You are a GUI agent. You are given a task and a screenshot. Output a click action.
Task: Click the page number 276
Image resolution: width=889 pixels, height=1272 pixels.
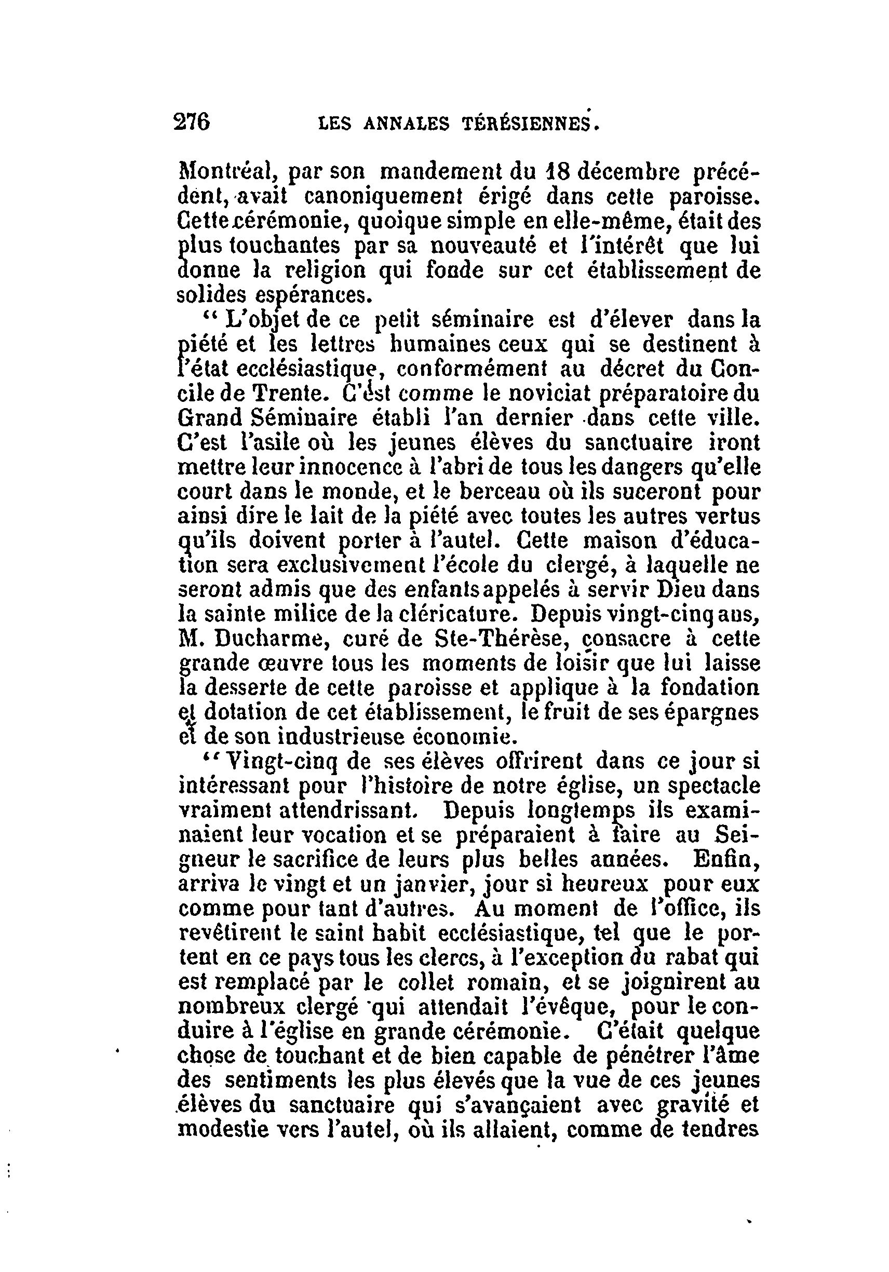pyautogui.click(x=192, y=121)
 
